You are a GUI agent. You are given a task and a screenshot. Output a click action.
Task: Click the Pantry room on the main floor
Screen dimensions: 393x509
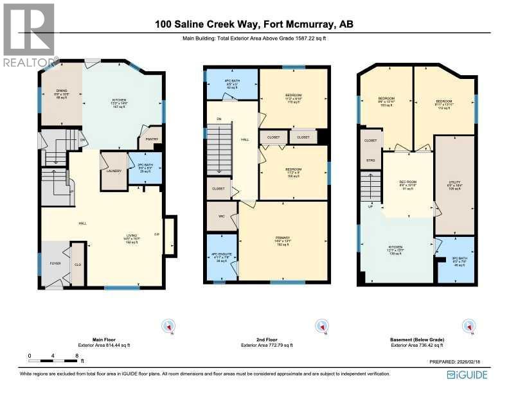click(152, 139)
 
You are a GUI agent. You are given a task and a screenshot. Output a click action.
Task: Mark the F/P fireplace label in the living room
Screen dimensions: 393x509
click(156, 233)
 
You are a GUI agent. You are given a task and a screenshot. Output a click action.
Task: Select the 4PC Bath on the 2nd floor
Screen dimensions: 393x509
click(231, 84)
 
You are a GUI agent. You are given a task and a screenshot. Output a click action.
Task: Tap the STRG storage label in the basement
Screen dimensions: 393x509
click(370, 160)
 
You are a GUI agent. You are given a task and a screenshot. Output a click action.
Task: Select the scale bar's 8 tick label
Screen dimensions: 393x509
click(76, 355)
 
